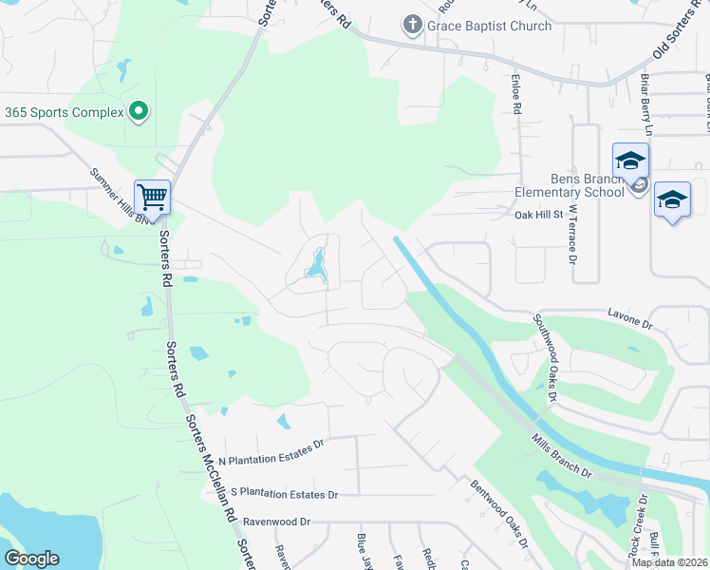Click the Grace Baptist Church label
[x=489, y=26]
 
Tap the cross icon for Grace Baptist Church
[x=412, y=25]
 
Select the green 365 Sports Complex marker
[x=139, y=112]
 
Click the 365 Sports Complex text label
[x=65, y=112]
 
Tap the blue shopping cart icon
[x=152, y=198]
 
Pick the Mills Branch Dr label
[x=563, y=457]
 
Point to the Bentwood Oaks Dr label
[x=499, y=514]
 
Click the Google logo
[x=31, y=559]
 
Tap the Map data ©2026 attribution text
[x=668, y=562]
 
